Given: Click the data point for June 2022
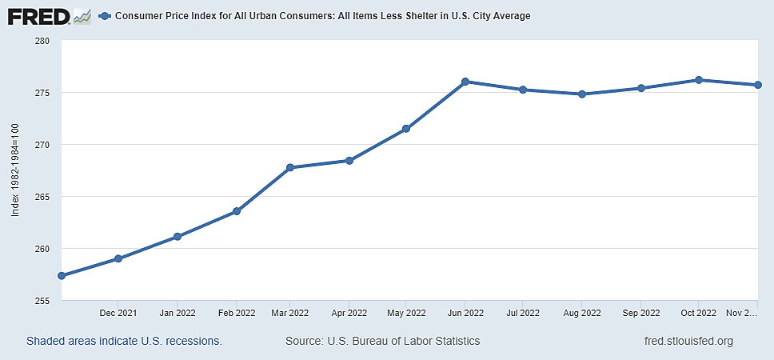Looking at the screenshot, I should click(x=465, y=82).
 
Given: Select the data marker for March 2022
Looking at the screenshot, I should click(x=289, y=167).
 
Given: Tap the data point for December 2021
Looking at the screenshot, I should click(x=118, y=258).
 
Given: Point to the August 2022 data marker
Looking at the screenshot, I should click(x=582, y=94).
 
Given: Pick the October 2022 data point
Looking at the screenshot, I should click(x=699, y=80).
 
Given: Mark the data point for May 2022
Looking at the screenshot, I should click(x=406, y=129).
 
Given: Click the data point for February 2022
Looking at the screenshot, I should click(x=237, y=211).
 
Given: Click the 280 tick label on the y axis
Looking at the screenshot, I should click(x=42, y=41).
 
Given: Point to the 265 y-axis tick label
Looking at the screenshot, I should click(x=42, y=197).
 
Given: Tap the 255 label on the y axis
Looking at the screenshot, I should click(x=42, y=301).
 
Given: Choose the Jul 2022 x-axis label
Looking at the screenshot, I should click(x=524, y=313).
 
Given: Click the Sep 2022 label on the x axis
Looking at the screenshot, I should click(x=640, y=313).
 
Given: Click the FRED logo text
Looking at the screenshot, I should click(x=37, y=15).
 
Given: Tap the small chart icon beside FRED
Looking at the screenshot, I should click(x=82, y=15).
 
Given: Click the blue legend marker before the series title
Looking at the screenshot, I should click(x=104, y=16).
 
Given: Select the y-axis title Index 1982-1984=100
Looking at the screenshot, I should click(x=15, y=170).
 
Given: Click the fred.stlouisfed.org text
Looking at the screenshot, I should click(x=688, y=342).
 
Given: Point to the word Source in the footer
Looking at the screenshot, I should click(x=304, y=342).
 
